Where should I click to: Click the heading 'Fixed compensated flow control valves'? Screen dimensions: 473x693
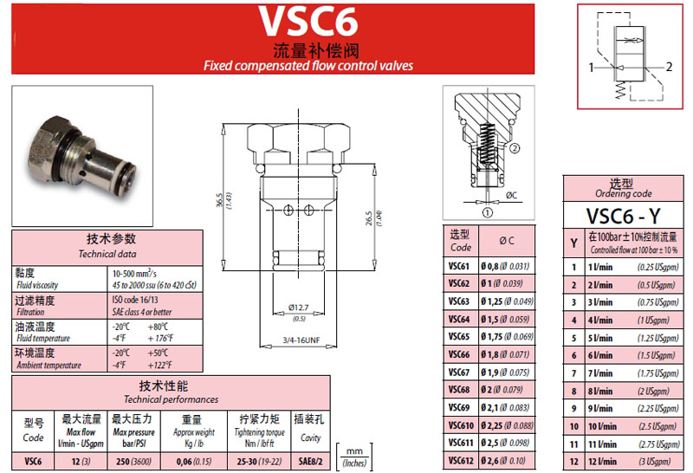coord(308,65)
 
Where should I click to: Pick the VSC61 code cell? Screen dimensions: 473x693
coord(459,266)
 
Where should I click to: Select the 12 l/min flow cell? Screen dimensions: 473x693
coord(600,460)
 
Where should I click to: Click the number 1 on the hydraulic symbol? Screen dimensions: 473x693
coord(592,67)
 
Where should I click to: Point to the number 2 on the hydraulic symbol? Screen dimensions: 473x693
coord(668,67)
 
